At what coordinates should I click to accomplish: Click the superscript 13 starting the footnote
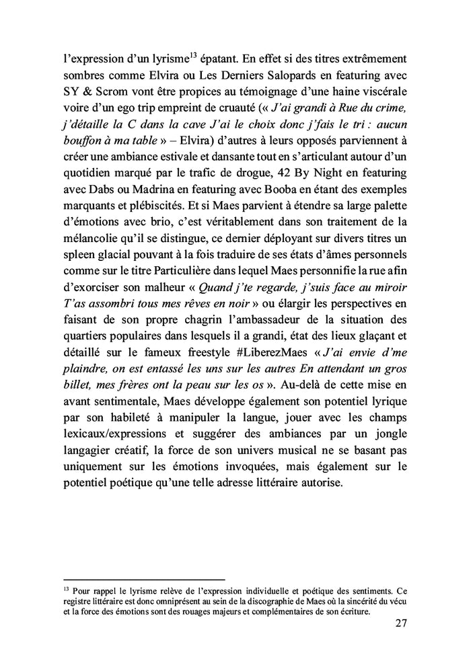click(65, 587)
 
